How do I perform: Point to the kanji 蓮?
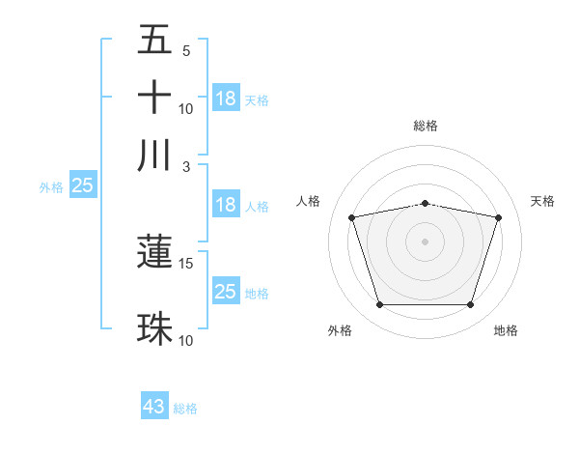tap(154, 251)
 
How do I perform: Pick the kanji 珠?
tap(154, 328)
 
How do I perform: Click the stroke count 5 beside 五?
tap(186, 50)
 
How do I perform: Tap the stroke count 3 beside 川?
tap(186, 166)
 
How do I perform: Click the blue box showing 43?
tap(154, 407)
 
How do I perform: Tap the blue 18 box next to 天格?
tap(226, 99)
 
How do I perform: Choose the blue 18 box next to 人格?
tap(226, 205)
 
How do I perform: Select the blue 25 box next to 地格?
tap(226, 292)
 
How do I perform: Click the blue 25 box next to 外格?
tap(82, 185)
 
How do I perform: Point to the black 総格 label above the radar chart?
tap(425, 126)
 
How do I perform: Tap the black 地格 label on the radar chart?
tap(506, 330)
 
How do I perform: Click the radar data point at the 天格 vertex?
tap(498, 217)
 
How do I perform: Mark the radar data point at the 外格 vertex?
tap(379, 305)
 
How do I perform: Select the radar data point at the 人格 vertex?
tap(351, 217)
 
